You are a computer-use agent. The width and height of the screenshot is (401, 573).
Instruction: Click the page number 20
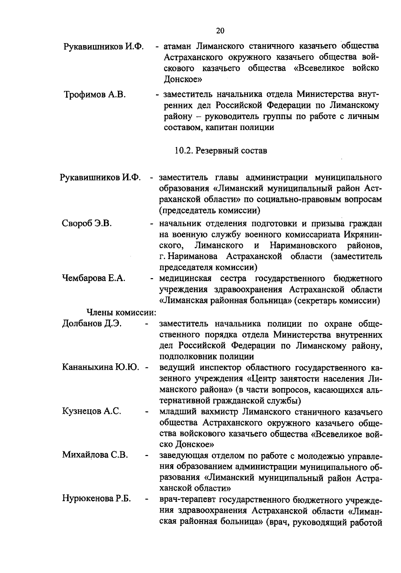(x=220, y=31)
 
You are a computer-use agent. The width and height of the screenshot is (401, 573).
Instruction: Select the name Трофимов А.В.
(x=95, y=95)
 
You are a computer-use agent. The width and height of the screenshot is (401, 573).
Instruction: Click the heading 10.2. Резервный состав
(x=221, y=150)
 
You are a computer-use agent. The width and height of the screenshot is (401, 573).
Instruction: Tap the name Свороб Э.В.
(x=87, y=223)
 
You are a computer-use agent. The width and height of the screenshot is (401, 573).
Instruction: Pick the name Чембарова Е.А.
(x=94, y=278)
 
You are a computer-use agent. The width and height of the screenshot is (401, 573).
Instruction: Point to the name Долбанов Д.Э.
(x=92, y=324)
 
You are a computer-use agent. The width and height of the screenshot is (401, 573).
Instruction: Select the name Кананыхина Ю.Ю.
(x=101, y=367)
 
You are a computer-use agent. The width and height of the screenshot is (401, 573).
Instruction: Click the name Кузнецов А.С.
(x=92, y=411)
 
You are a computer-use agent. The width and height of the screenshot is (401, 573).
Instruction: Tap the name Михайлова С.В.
(x=95, y=455)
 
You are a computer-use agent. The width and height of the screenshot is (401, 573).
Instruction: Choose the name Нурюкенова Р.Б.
(x=96, y=499)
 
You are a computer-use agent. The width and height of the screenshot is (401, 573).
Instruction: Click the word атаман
(x=177, y=46)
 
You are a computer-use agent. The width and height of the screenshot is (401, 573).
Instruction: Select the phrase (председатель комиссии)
(x=210, y=211)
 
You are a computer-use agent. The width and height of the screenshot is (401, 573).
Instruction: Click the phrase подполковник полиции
(x=207, y=356)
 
